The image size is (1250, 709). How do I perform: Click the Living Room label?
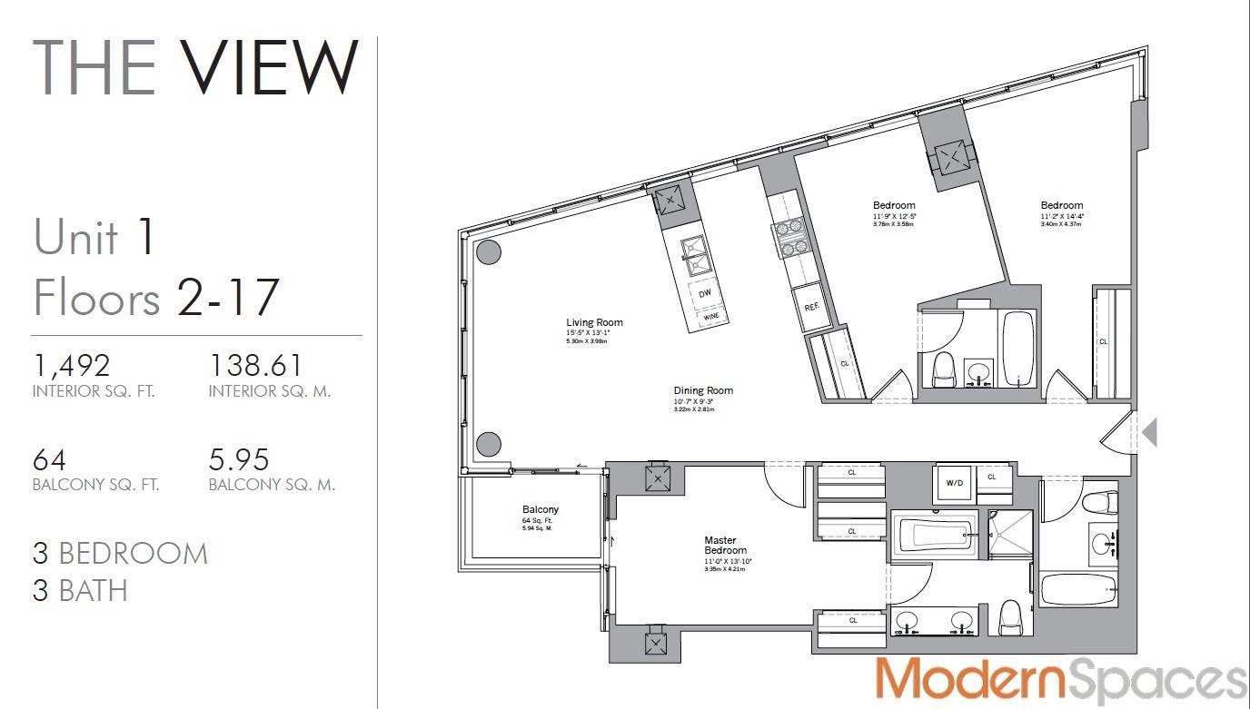594,323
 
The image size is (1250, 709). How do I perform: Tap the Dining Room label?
703,391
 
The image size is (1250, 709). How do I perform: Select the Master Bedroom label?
726,546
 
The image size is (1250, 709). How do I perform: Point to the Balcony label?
541,510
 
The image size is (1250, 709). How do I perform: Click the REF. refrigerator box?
812,307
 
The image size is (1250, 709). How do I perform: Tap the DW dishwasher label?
705,293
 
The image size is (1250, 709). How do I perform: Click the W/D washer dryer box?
955,483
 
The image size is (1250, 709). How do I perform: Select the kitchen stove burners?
788,236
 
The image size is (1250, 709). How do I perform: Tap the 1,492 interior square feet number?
71,365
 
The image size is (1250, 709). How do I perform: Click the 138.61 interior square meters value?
256,365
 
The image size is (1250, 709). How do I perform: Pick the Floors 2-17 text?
155,298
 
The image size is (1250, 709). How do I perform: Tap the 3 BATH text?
80,591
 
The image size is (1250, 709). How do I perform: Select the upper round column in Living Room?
489,252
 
